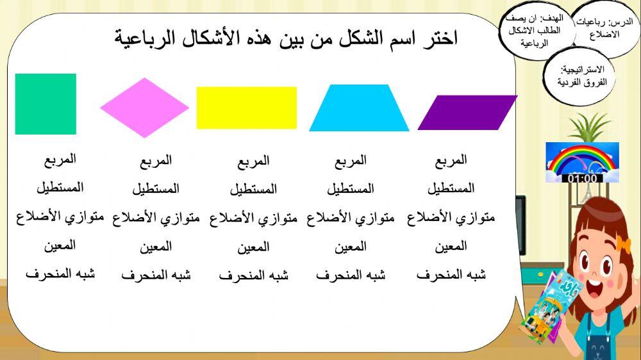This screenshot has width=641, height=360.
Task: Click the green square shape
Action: [x=46, y=104]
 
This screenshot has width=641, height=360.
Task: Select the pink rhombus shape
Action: [x=145, y=108]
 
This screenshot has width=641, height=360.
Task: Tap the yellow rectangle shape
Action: [x=247, y=108]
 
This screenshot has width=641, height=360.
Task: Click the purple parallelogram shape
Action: [x=467, y=113]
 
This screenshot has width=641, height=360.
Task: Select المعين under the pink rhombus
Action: [x=156, y=246]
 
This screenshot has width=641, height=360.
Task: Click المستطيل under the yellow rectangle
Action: [x=253, y=189]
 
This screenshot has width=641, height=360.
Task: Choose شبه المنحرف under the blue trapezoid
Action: [x=351, y=275]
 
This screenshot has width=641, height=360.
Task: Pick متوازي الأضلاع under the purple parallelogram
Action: [x=451, y=218]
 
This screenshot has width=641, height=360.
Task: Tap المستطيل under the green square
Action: [x=60, y=188]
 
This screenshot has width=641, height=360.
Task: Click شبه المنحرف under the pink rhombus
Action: [x=156, y=275]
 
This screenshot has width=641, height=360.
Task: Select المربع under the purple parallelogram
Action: [x=451, y=160]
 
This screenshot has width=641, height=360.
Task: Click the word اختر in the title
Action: [x=442, y=38]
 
